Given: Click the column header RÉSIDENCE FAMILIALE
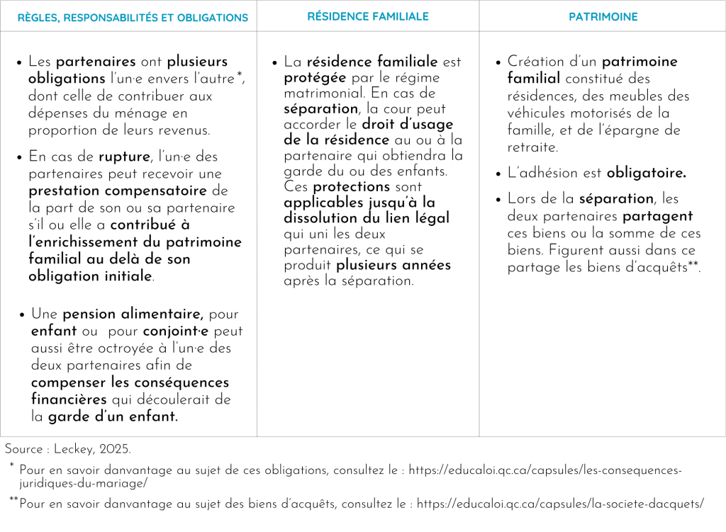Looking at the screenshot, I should tap(367, 16).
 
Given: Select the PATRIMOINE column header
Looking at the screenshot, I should tap(603, 16).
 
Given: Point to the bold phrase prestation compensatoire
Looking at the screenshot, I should tap(118, 191).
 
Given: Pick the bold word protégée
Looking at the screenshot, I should tap(315, 78).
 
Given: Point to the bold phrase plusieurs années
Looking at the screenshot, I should tap(393, 266).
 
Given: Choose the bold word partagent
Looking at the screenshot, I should tap(657, 216).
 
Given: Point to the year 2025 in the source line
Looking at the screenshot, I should tap(114, 449).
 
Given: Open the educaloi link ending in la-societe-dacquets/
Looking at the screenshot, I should tap(560, 504).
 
